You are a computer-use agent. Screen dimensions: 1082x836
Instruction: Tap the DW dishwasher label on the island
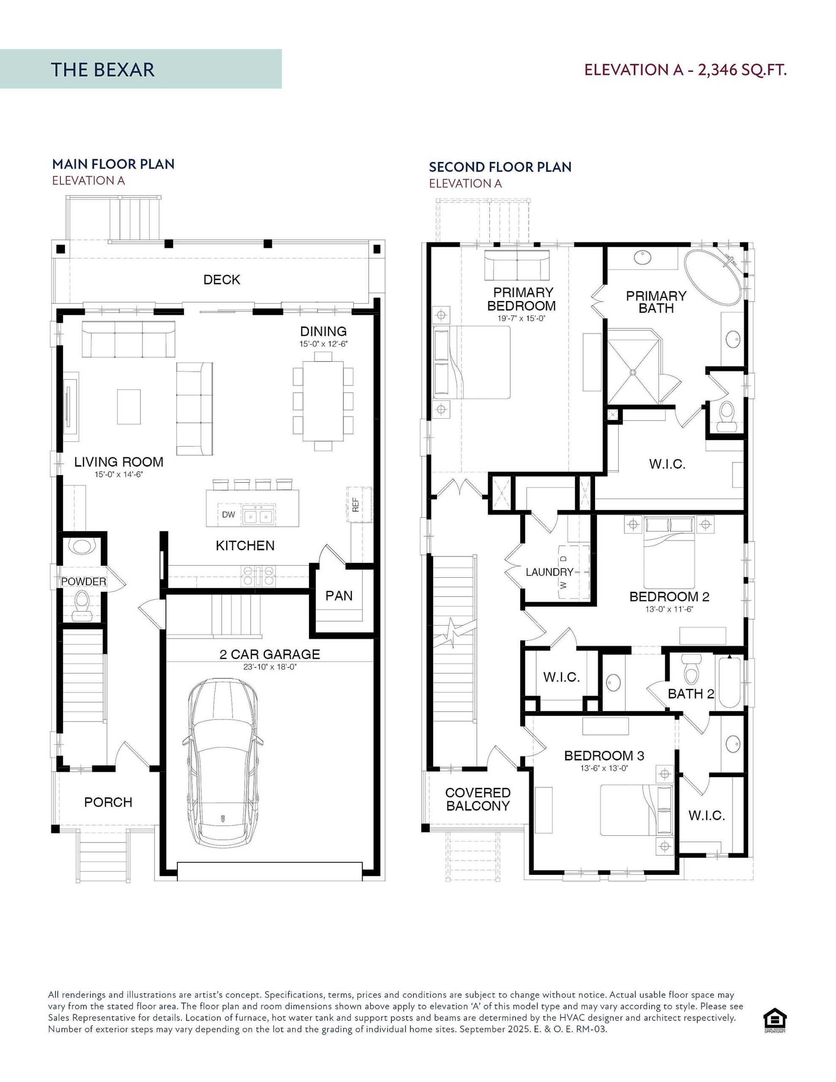pyautogui.click(x=229, y=515)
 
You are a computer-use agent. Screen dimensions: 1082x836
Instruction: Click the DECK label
pyautogui.click(x=221, y=280)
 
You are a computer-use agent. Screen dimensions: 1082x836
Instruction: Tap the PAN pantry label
pyautogui.click(x=339, y=596)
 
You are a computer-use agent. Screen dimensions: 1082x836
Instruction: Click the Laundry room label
pyautogui.click(x=549, y=572)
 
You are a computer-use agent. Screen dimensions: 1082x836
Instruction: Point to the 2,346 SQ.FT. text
pyautogui.click(x=742, y=70)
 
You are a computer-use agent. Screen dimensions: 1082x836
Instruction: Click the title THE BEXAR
pyautogui.click(x=103, y=70)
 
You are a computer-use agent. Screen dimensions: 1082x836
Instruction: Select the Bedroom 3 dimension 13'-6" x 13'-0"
pyautogui.click(x=604, y=769)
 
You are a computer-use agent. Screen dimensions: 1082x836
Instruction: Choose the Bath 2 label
pyautogui.click(x=691, y=694)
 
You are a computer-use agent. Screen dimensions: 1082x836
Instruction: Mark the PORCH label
pyautogui.click(x=108, y=802)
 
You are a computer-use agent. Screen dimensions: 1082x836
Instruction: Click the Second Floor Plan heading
pyautogui.click(x=500, y=167)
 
